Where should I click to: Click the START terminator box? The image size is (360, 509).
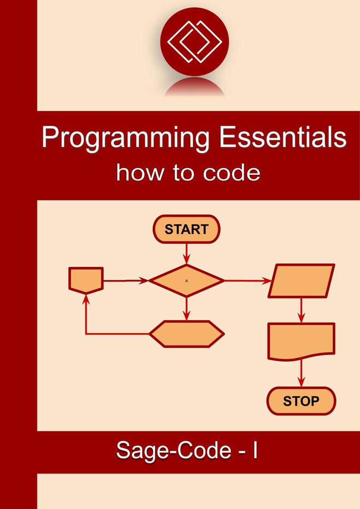click(x=186, y=229)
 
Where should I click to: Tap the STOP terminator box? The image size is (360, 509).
click(x=301, y=401)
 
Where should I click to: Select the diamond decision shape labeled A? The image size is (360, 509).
click(x=186, y=281)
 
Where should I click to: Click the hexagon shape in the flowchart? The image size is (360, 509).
click(x=186, y=334)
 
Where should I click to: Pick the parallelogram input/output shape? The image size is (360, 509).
click(x=301, y=281)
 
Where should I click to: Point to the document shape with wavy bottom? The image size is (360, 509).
click(x=301, y=341)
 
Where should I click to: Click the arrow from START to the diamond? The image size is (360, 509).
click(x=186, y=254)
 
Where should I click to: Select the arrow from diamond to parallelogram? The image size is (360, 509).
click(x=248, y=281)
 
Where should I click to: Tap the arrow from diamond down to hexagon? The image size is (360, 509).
click(x=186, y=308)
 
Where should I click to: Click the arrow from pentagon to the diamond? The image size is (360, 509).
click(x=126, y=281)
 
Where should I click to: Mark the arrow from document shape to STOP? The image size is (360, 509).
click(x=301, y=373)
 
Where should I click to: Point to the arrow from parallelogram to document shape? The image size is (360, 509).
click(x=301, y=310)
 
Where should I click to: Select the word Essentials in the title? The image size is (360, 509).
click(x=283, y=137)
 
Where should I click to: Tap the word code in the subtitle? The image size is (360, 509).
click(x=231, y=173)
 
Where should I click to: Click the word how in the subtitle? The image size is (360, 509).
click(x=140, y=173)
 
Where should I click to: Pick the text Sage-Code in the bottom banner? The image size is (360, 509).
click(x=174, y=451)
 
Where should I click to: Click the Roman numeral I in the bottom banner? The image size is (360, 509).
click(x=255, y=449)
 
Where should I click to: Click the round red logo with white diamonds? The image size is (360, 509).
click(x=194, y=42)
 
